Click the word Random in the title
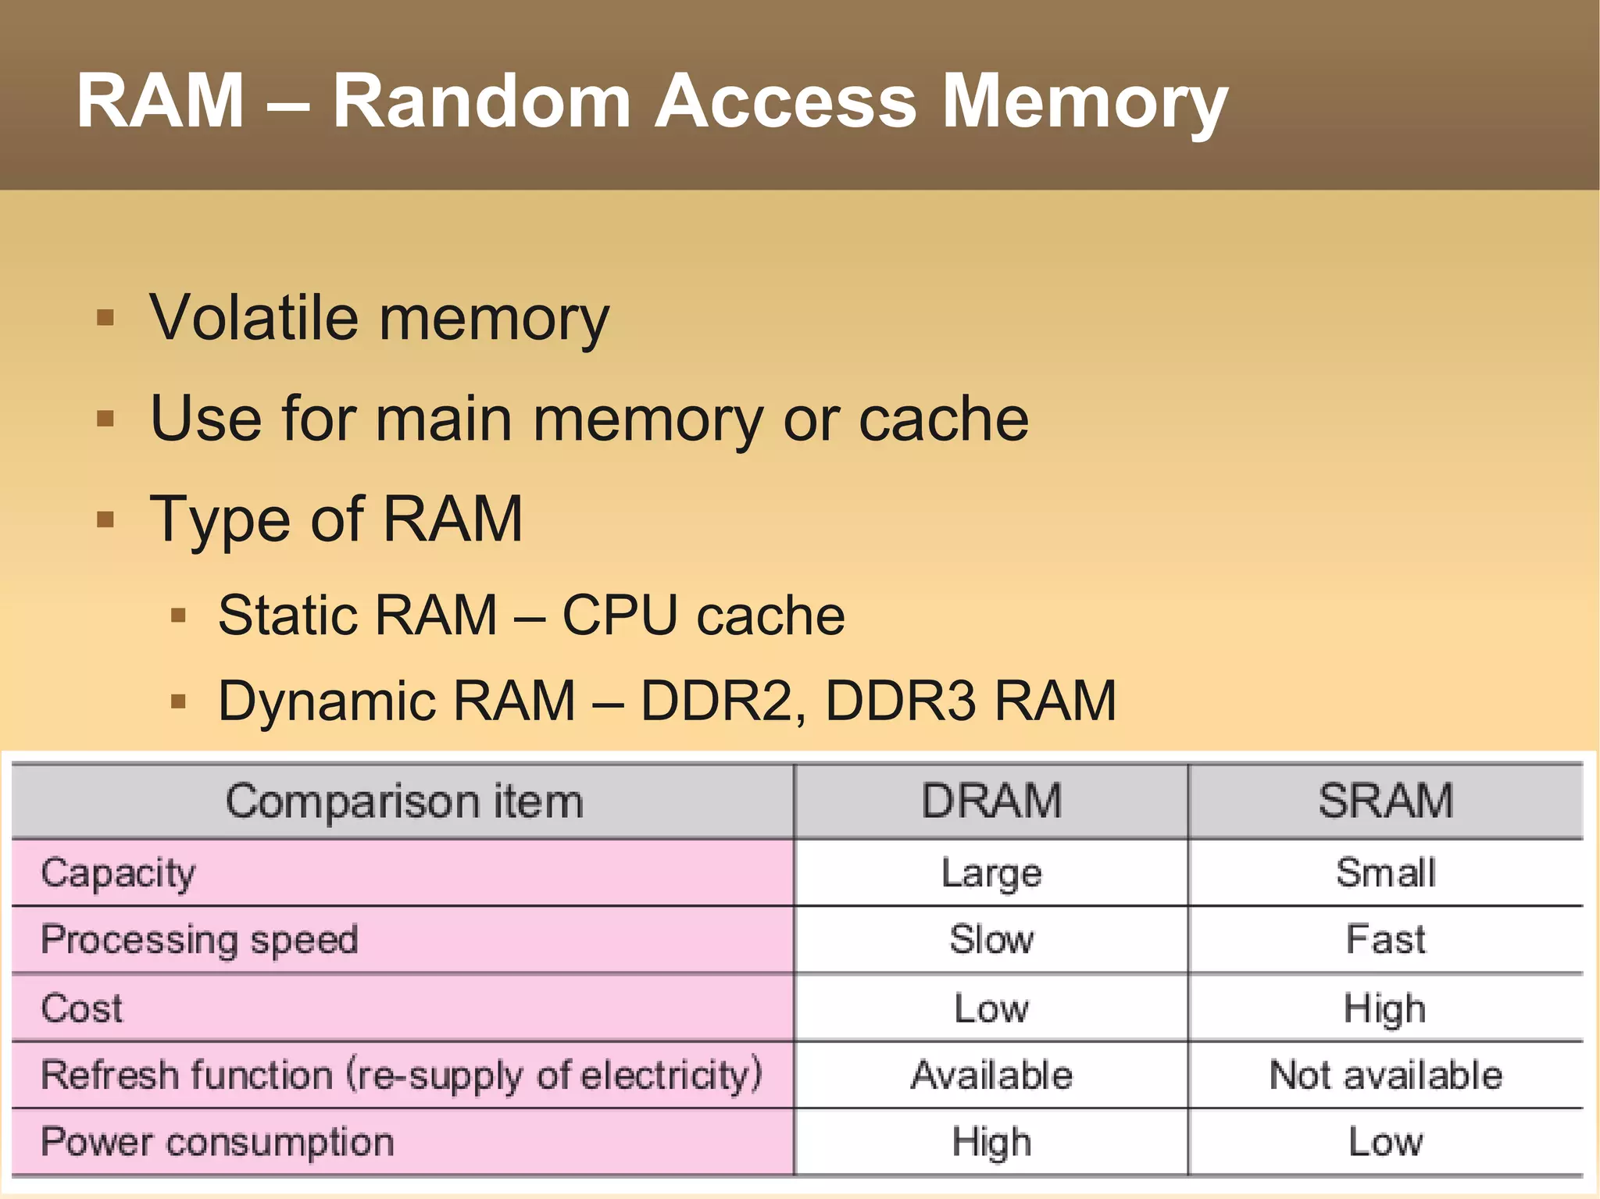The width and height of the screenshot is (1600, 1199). pyautogui.click(x=481, y=102)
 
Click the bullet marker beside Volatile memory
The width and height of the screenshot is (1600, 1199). pyautogui.click(x=105, y=318)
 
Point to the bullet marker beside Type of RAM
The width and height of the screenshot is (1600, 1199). pyautogui.click(x=105, y=519)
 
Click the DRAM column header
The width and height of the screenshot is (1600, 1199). pyautogui.click(x=991, y=801)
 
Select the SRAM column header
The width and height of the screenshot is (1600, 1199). pyautogui.click(x=1385, y=801)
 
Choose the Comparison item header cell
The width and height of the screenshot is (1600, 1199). pyautogui.click(x=404, y=801)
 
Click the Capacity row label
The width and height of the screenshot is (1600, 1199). pyautogui.click(x=118, y=873)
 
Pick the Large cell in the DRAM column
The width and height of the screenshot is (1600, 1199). pyautogui.click(x=991, y=873)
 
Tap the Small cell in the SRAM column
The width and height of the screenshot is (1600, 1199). pyautogui.click(x=1385, y=872)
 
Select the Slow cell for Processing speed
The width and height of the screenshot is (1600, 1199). pyautogui.click(x=991, y=940)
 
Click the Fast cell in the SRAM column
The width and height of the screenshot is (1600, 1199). pyautogui.click(x=1385, y=940)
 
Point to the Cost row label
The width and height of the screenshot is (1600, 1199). pyautogui.click(x=81, y=1008)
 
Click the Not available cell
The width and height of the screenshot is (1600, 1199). pyautogui.click(x=1385, y=1075)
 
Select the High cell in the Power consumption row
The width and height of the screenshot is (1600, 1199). pyautogui.click(x=991, y=1142)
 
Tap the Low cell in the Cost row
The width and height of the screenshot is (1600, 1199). pyautogui.click(x=991, y=1008)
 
